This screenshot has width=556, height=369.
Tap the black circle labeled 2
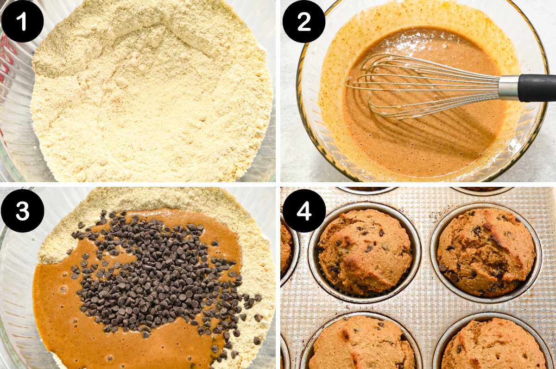click(x=303, y=22)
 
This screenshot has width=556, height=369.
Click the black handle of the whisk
click(x=537, y=87)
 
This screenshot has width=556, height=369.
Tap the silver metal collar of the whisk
click(x=508, y=87)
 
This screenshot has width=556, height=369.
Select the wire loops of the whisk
click(x=417, y=86)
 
